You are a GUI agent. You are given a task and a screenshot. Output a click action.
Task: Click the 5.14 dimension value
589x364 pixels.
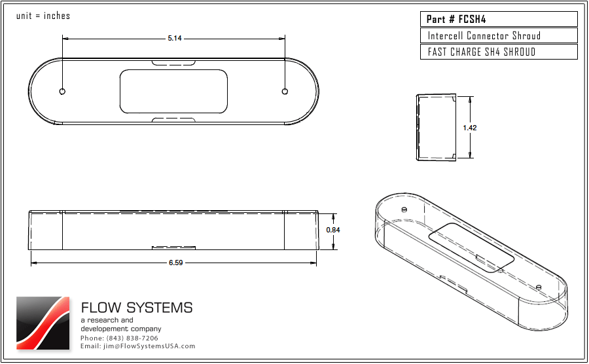174,39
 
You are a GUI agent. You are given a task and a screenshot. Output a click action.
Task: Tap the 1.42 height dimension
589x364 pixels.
469,128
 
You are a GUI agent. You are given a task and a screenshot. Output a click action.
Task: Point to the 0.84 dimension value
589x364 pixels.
333,230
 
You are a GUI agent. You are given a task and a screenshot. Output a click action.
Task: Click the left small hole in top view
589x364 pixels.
62,91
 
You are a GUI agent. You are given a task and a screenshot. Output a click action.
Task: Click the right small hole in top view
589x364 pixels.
285,91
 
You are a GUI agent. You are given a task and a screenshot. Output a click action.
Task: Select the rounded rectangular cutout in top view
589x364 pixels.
173,90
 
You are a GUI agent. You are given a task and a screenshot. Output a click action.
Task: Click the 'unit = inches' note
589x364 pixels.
43,16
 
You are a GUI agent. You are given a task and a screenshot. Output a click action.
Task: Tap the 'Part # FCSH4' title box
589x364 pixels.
499,19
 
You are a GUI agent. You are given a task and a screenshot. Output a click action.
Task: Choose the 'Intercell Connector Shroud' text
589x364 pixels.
484,35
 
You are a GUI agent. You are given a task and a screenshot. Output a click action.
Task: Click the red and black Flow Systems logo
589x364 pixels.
43,323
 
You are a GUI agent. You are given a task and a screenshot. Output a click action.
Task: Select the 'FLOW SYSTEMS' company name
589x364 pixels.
137,308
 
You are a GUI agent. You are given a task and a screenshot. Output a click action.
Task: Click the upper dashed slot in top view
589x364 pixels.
173,64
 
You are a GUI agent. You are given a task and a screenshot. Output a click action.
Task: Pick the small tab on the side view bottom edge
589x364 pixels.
173,247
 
